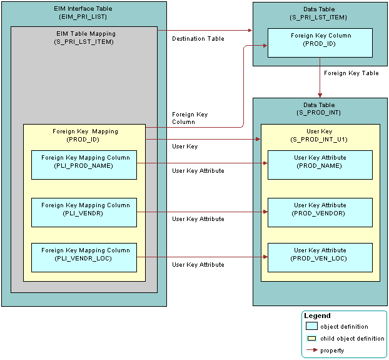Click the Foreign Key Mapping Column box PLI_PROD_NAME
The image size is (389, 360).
[84, 165]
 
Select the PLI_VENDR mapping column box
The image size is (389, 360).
[84, 212]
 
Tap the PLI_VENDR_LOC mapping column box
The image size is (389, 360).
[84, 257]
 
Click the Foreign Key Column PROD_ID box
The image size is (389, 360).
[320, 43]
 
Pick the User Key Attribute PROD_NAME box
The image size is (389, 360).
[320, 165]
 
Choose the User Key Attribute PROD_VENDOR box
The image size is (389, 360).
[320, 212]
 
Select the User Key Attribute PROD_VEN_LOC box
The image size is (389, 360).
[320, 257]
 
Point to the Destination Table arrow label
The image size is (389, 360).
[198, 39]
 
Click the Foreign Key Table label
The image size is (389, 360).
[351, 73]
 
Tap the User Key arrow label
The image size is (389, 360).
[184, 147]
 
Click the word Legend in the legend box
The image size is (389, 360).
[317, 316]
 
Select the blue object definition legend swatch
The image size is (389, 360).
[311, 327]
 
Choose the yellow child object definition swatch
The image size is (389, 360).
[311, 339]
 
